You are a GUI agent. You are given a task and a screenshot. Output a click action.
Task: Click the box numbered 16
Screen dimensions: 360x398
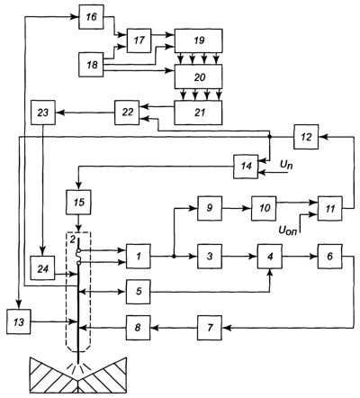[91, 17]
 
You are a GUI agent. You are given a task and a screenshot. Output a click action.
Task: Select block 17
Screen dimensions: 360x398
[139, 41]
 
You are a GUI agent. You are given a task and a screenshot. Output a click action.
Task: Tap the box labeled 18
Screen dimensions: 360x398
[91, 65]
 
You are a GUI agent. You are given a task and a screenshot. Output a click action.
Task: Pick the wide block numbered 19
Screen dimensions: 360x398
[199, 41]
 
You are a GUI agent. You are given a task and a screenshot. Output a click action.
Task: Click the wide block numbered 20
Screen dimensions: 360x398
[199, 77]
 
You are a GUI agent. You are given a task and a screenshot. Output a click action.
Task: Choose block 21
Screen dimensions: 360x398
[199, 113]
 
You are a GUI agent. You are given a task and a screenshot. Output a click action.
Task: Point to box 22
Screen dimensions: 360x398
[127, 113]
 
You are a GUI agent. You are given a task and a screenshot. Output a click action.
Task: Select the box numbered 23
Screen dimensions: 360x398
[43, 113]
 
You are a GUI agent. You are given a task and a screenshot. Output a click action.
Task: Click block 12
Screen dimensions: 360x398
[306, 137]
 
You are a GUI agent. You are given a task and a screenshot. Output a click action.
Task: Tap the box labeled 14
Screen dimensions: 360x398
[246, 167]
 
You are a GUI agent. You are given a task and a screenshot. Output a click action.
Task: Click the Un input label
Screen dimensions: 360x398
[286, 165]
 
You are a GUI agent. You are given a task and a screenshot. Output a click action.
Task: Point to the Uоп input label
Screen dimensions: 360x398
[288, 231]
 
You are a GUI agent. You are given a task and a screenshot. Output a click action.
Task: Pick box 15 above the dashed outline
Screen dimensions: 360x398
[78, 202]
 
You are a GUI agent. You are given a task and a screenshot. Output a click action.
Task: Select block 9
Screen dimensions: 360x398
[210, 208]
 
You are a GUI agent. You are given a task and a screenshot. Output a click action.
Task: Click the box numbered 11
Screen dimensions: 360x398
[330, 208]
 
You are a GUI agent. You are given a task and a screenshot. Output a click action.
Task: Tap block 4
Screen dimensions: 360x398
[270, 256]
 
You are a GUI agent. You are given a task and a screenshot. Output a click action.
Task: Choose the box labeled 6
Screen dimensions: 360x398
[330, 256]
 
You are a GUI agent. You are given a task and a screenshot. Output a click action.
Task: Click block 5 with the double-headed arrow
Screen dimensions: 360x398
[139, 292]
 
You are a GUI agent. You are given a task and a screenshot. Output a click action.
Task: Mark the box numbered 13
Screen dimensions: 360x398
[19, 321]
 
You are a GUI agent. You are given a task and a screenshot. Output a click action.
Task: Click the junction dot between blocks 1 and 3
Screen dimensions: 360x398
[174, 257]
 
